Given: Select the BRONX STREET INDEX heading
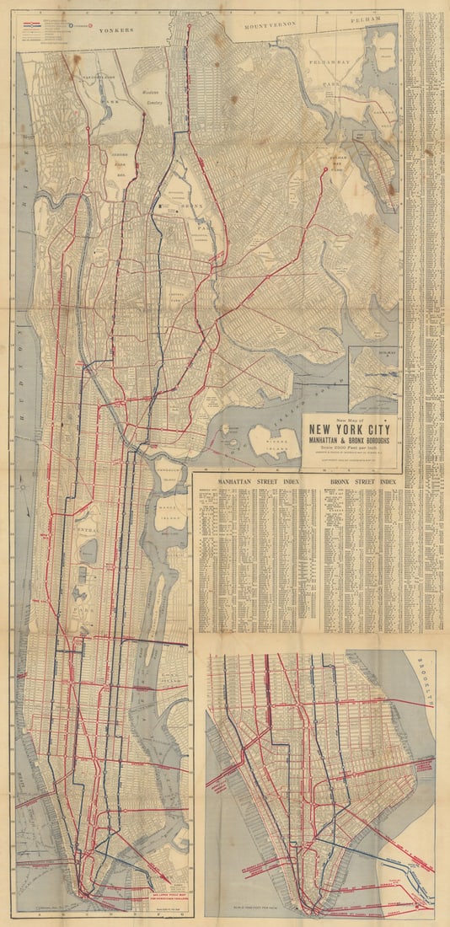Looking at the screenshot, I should click(364, 482).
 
